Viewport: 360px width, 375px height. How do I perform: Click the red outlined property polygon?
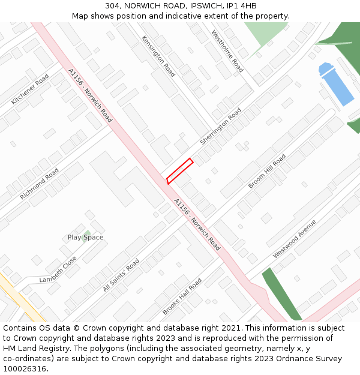click(x=179, y=171)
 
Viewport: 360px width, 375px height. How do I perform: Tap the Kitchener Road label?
click(x=30, y=89)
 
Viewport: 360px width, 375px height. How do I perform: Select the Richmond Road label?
click(x=39, y=184)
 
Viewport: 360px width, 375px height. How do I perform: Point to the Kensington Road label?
click(x=158, y=56)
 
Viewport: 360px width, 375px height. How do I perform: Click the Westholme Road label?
click(x=227, y=51)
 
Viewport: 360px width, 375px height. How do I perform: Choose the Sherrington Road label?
click(x=220, y=126)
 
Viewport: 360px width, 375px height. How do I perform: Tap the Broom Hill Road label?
click(x=267, y=171)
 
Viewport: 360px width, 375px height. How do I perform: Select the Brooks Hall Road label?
click(x=182, y=296)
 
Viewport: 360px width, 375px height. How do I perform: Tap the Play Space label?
click(x=85, y=238)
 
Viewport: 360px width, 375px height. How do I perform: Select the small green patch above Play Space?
click(x=88, y=232)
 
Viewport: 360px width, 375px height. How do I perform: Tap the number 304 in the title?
click(x=112, y=6)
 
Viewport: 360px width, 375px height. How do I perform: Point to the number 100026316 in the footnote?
click(x=26, y=368)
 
